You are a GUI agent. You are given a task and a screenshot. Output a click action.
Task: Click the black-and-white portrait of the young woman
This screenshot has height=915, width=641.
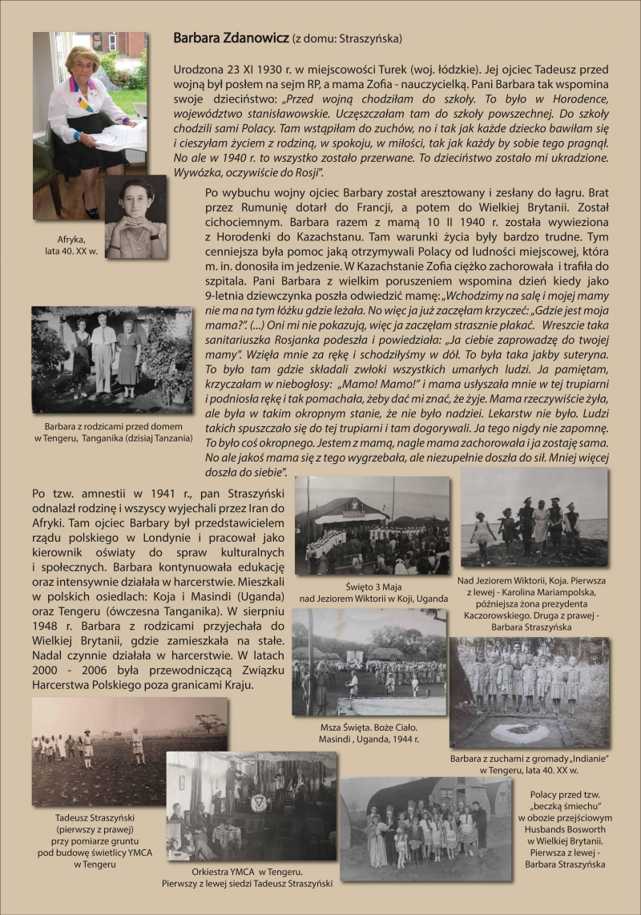point(135,216)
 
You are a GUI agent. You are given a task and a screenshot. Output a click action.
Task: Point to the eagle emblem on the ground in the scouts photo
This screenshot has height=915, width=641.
point(530,728)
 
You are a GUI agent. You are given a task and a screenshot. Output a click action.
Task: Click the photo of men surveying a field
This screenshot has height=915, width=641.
point(130,740)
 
